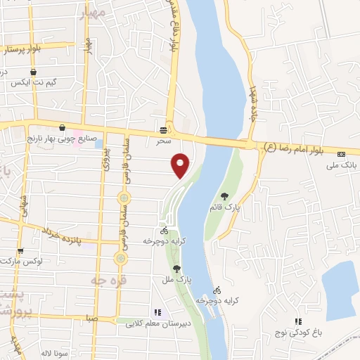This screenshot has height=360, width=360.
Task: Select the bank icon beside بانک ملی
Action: [342, 154]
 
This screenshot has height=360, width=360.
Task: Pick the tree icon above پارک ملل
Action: [176, 269]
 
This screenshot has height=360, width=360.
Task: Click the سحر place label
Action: [164, 141]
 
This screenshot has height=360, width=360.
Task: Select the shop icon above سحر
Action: [164, 130]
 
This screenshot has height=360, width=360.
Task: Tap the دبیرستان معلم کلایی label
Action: [156, 324]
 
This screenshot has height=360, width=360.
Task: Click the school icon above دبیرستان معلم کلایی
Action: [157, 312]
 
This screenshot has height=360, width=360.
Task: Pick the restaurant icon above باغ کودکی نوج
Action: [297, 321]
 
